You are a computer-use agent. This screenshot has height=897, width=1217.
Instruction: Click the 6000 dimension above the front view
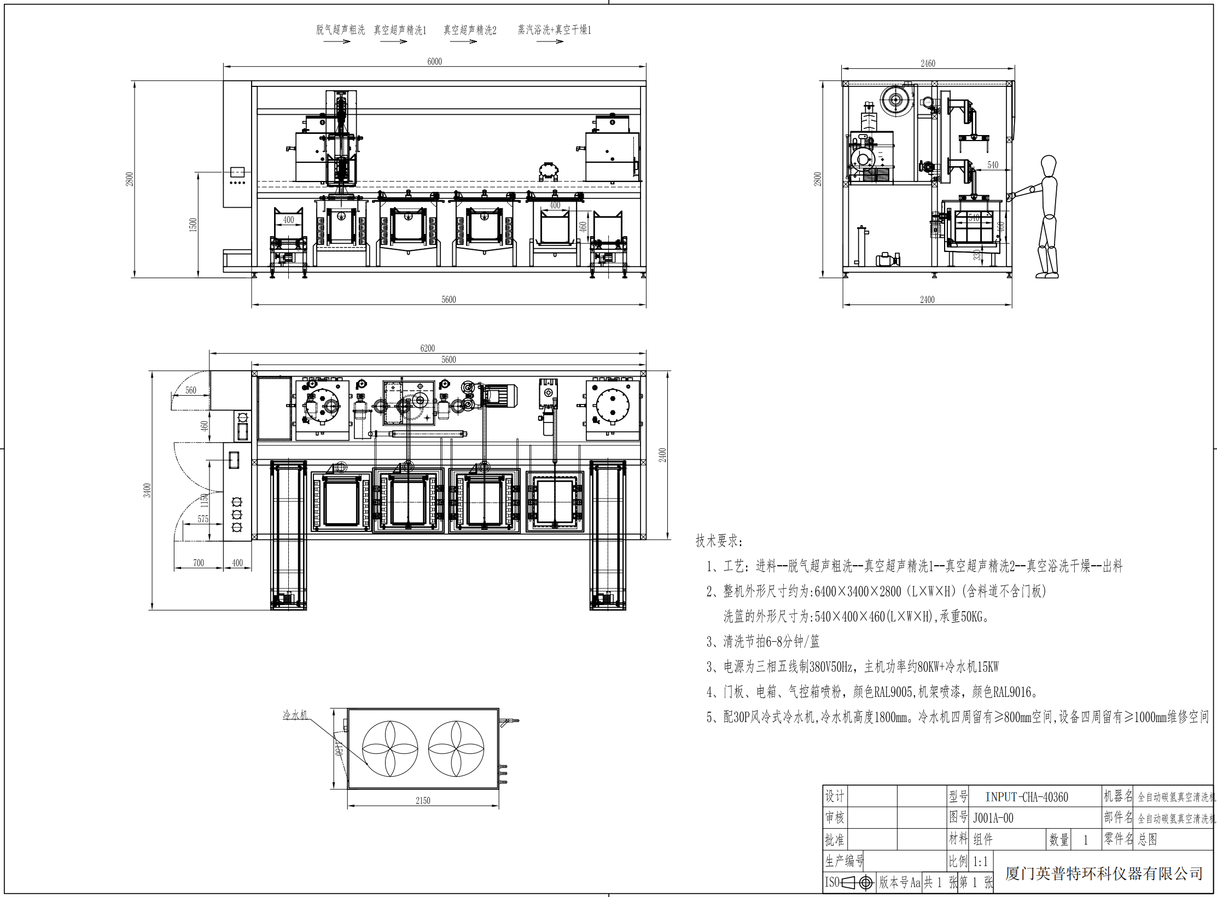(x=434, y=61)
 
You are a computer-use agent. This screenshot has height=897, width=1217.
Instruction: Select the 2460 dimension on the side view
(x=928, y=63)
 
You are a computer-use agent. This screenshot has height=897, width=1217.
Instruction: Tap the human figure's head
(x=1048, y=165)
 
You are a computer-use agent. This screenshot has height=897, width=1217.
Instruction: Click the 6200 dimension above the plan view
(x=427, y=348)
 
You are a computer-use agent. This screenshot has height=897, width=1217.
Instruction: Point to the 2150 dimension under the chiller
(x=423, y=801)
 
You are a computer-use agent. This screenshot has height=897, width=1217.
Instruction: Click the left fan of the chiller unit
(x=390, y=748)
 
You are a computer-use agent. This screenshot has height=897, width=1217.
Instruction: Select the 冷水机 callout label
(x=295, y=715)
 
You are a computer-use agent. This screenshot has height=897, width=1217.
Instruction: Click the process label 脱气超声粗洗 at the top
(x=340, y=30)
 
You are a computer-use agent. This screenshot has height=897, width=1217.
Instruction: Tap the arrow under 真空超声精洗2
(x=464, y=42)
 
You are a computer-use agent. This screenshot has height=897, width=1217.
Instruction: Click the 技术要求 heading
(x=719, y=541)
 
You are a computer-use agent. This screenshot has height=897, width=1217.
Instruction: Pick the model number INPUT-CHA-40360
(x=1026, y=797)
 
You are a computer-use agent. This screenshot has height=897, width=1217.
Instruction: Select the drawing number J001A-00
(x=993, y=818)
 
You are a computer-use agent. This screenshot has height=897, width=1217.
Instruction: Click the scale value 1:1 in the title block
(x=980, y=862)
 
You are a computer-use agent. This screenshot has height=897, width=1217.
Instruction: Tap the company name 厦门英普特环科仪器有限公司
(x=1104, y=873)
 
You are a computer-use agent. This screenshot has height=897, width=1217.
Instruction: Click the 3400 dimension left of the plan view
(x=147, y=490)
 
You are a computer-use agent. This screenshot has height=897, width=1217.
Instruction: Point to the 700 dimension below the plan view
(x=198, y=563)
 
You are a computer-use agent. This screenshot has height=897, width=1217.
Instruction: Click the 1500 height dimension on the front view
(x=193, y=225)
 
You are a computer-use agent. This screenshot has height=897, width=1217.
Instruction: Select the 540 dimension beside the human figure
(x=993, y=165)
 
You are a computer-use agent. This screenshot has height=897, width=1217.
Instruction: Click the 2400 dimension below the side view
(x=927, y=300)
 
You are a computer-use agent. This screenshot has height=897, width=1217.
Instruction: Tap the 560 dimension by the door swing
(x=190, y=390)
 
